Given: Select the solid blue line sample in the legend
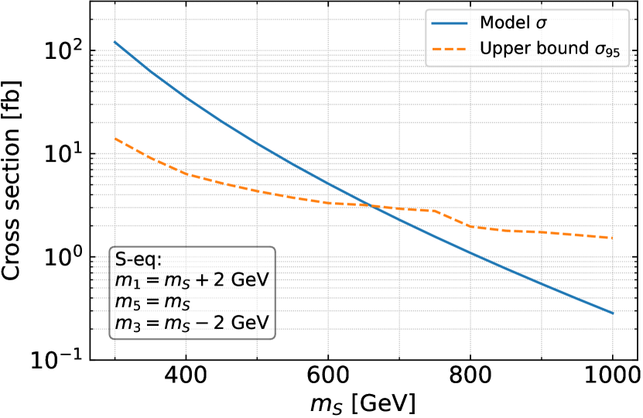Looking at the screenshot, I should coord(452,22).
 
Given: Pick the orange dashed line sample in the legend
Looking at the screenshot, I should coord(452,48).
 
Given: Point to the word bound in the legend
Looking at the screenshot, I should coord(552,47).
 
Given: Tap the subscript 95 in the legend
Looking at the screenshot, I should coord(611,52).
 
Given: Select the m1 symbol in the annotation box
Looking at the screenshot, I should coord(125,281).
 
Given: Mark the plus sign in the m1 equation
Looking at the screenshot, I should coord(200,279).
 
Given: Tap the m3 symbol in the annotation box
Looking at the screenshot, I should coord(125,324).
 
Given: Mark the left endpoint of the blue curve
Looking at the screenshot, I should coord(115,43).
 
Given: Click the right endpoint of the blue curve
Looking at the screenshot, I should coord(613,313).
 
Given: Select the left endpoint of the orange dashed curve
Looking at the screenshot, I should coord(115,139).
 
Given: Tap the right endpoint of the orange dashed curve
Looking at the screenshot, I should coord(613,238).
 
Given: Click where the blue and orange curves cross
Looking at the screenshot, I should coord(372,205).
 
